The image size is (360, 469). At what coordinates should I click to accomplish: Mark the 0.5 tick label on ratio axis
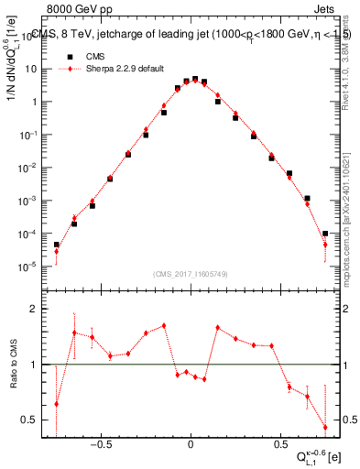pyautogui.click(x=29, y=420)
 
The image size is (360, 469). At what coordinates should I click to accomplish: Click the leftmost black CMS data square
pyautogui.click(x=56, y=245)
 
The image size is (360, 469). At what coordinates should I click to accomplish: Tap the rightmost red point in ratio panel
pyautogui.click(x=325, y=427)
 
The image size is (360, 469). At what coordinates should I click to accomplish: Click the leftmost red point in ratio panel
pyautogui.click(x=56, y=403)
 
